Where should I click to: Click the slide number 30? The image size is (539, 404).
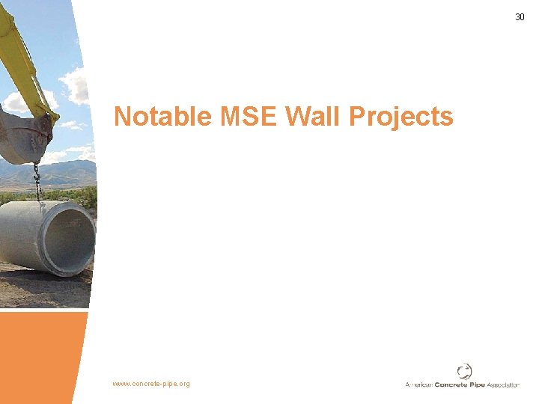click(x=520, y=16)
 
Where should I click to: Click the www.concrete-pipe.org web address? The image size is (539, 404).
click(x=151, y=384)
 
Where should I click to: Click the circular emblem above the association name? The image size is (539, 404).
click(x=464, y=370)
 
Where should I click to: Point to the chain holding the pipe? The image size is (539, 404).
click(x=36, y=183)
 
